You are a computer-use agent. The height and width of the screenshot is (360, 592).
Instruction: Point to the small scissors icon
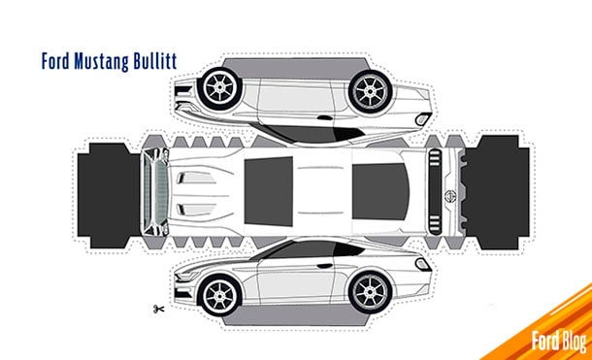156,310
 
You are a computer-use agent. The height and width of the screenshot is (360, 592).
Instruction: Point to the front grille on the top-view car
152,188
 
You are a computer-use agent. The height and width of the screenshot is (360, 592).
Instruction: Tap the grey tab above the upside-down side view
296,55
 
